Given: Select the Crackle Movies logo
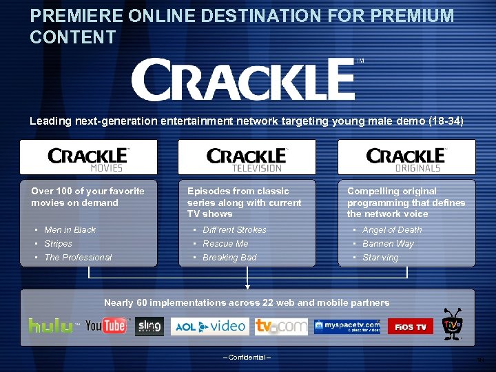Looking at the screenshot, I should pyautogui.click(x=88, y=158).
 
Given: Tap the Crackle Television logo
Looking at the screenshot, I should pyautogui.click(x=247, y=158).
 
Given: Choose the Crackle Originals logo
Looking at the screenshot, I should pyautogui.click(x=406, y=158).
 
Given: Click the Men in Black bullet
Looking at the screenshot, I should pyautogui.click(x=70, y=230).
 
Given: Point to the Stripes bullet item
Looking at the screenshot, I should pyautogui.click(x=58, y=244).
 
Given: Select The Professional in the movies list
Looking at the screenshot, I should pyautogui.click(x=77, y=258).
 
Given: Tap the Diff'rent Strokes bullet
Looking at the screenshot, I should pyautogui.click(x=234, y=230).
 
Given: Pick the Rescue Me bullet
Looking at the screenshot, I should pyautogui.click(x=225, y=244).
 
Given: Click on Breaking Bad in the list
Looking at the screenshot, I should pyautogui.click(x=229, y=258).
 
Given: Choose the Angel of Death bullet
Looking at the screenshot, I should pyautogui.click(x=392, y=230).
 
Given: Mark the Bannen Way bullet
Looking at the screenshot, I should pyautogui.click(x=388, y=244).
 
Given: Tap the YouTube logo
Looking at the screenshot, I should pyautogui.click(x=106, y=325).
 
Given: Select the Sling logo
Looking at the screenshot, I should pyautogui.click(x=149, y=325).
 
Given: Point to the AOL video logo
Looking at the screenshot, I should pyautogui.click(x=208, y=326).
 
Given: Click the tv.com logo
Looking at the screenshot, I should pyautogui.click(x=281, y=326).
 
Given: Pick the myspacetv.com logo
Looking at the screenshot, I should pyautogui.click(x=347, y=326).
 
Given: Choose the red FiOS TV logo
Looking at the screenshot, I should pyautogui.click(x=411, y=326).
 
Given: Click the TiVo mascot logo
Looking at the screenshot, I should pyautogui.click(x=452, y=324).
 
